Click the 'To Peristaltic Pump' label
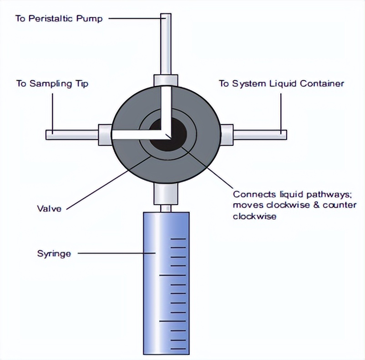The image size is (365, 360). point(59,19)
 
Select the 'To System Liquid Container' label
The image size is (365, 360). point(281,83)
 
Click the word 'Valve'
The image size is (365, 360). point(49,209)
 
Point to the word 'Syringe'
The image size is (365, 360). point(54,253)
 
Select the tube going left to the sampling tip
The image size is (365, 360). point(73,134)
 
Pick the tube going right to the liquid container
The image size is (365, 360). point(259,134)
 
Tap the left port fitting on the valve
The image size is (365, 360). point(105,134)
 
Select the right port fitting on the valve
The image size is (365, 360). point(226,134)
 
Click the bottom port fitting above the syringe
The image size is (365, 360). point(166,195)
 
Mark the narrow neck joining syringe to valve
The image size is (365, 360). point(166,208)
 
